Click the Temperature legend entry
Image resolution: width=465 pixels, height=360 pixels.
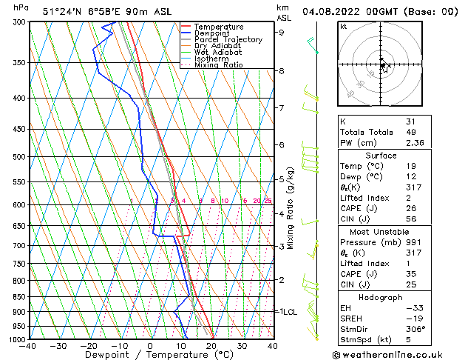(219, 27)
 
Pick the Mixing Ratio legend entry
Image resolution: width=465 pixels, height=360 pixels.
(219, 65)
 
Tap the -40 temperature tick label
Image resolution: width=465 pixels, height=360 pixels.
(28, 346)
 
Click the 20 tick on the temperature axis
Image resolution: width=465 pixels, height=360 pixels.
(211, 346)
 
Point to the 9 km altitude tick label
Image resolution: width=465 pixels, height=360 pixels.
(281, 32)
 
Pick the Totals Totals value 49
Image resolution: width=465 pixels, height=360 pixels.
(410, 132)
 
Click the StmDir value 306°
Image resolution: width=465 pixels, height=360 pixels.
(415, 329)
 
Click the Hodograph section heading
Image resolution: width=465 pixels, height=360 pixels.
(381, 297)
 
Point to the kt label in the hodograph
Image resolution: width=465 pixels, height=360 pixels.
(343, 27)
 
